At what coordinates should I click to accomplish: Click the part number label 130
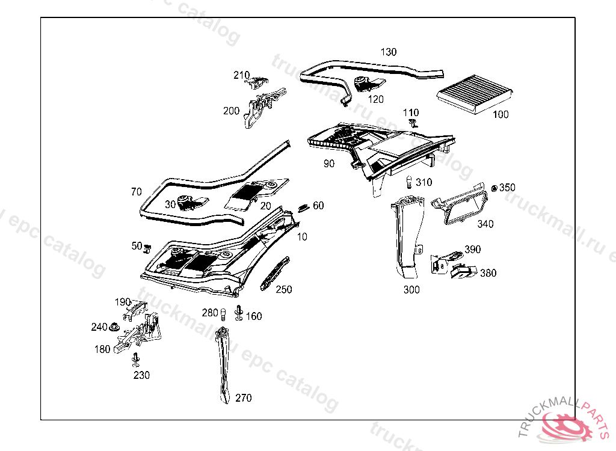[x=389, y=52]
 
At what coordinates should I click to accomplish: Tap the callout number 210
[x=241, y=75]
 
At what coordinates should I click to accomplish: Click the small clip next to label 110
[x=412, y=123]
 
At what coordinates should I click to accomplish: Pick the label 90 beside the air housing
[x=329, y=164]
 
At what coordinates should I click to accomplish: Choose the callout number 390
[x=473, y=250]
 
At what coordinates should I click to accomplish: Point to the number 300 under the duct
[x=411, y=290]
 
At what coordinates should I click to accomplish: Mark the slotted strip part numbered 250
[x=274, y=274]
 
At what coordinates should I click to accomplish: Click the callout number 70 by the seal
[x=137, y=192]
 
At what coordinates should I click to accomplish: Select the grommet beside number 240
[x=112, y=327]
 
